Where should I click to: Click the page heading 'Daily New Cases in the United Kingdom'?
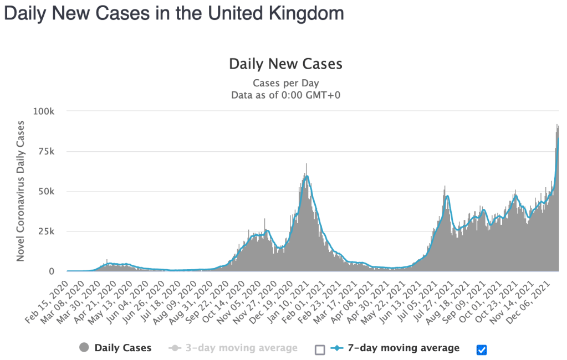click(x=174, y=13)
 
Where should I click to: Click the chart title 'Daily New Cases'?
click(x=285, y=64)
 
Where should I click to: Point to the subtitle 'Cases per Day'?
click(x=285, y=84)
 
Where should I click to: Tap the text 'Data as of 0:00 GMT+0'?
click(x=285, y=95)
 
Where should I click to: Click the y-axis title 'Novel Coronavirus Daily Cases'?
click(x=21, y=191)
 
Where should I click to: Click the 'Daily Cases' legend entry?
click(x=122, y=348)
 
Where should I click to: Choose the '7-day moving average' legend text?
click(x=403, y=348)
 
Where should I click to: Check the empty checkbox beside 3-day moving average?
click(x=319, y=349)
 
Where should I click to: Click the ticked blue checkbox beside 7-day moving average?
click(x=482, y=349)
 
